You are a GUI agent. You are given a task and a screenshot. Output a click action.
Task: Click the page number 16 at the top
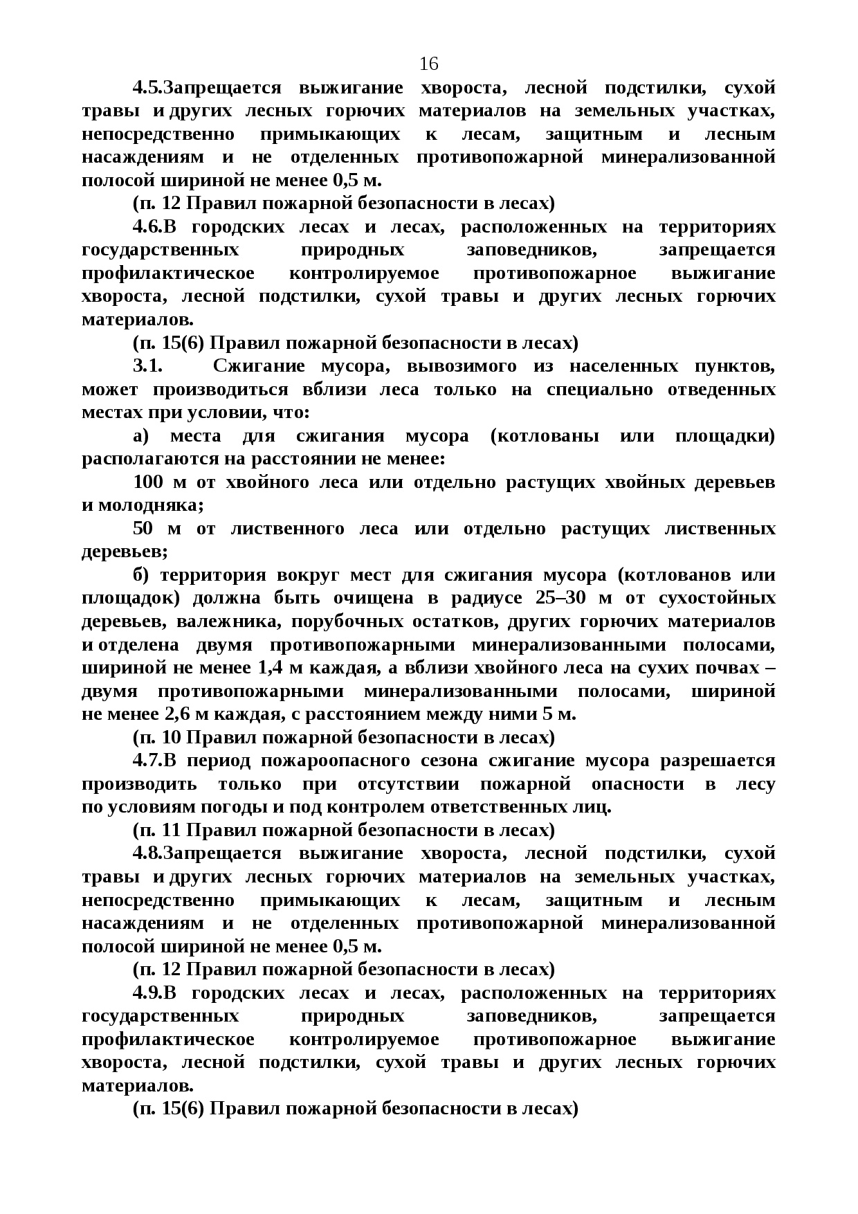point(428,64)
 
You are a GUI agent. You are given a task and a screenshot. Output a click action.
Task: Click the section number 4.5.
point(146,88)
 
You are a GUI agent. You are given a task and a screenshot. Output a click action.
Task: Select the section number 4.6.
point(146,227)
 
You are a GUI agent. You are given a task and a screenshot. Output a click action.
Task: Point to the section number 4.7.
point(146,761)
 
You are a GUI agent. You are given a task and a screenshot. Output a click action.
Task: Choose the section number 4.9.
point(146,993)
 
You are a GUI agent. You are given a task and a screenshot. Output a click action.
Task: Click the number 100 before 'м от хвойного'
point(147,482)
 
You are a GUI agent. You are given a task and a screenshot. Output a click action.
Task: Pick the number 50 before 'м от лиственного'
point(143,529)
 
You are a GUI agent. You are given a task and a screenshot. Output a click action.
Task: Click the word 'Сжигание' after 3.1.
point(259,366)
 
